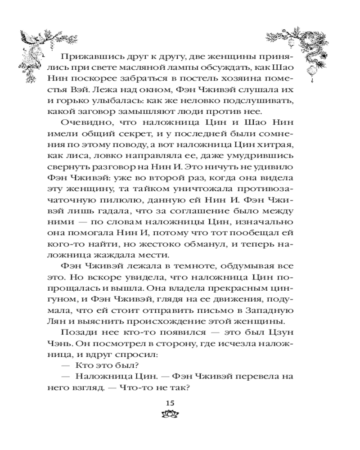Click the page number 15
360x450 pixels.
coord(170,402)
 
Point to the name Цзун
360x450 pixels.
coord(284,334)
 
